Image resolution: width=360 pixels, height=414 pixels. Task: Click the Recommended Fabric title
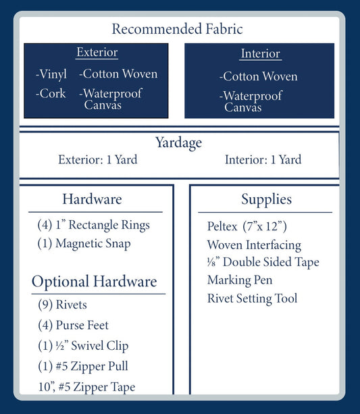tap(177, 29)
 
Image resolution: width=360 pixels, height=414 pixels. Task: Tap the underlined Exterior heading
tap(97, 52)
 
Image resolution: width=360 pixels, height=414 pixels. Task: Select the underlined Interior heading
tap(261, 53)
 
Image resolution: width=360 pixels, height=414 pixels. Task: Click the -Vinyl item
tap(51, 74)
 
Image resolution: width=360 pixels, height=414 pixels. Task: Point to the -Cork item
tap(51, 93)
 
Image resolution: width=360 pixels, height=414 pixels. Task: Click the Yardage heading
tap(178, 143)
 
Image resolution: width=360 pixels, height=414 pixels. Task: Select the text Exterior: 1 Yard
tap(98, 159)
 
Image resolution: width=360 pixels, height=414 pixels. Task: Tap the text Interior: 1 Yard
tap(263, 159)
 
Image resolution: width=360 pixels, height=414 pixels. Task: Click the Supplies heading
tap(266, 199)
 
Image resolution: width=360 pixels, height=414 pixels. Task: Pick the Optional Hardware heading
tap(95, 282)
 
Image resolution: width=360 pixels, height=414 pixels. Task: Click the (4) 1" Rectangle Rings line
tap(93, 225)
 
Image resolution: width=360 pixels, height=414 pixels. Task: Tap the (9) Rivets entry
tap(62, 305)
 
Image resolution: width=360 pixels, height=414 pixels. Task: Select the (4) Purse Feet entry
tap(73, 325)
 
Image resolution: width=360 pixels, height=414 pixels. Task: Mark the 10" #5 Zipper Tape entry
tap(86, 387)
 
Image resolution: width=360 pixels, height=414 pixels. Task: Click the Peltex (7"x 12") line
tap(247, 226)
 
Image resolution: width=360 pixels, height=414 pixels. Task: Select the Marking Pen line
tap(240, 280)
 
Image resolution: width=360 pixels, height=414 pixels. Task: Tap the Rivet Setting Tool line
tap(252, 299)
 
